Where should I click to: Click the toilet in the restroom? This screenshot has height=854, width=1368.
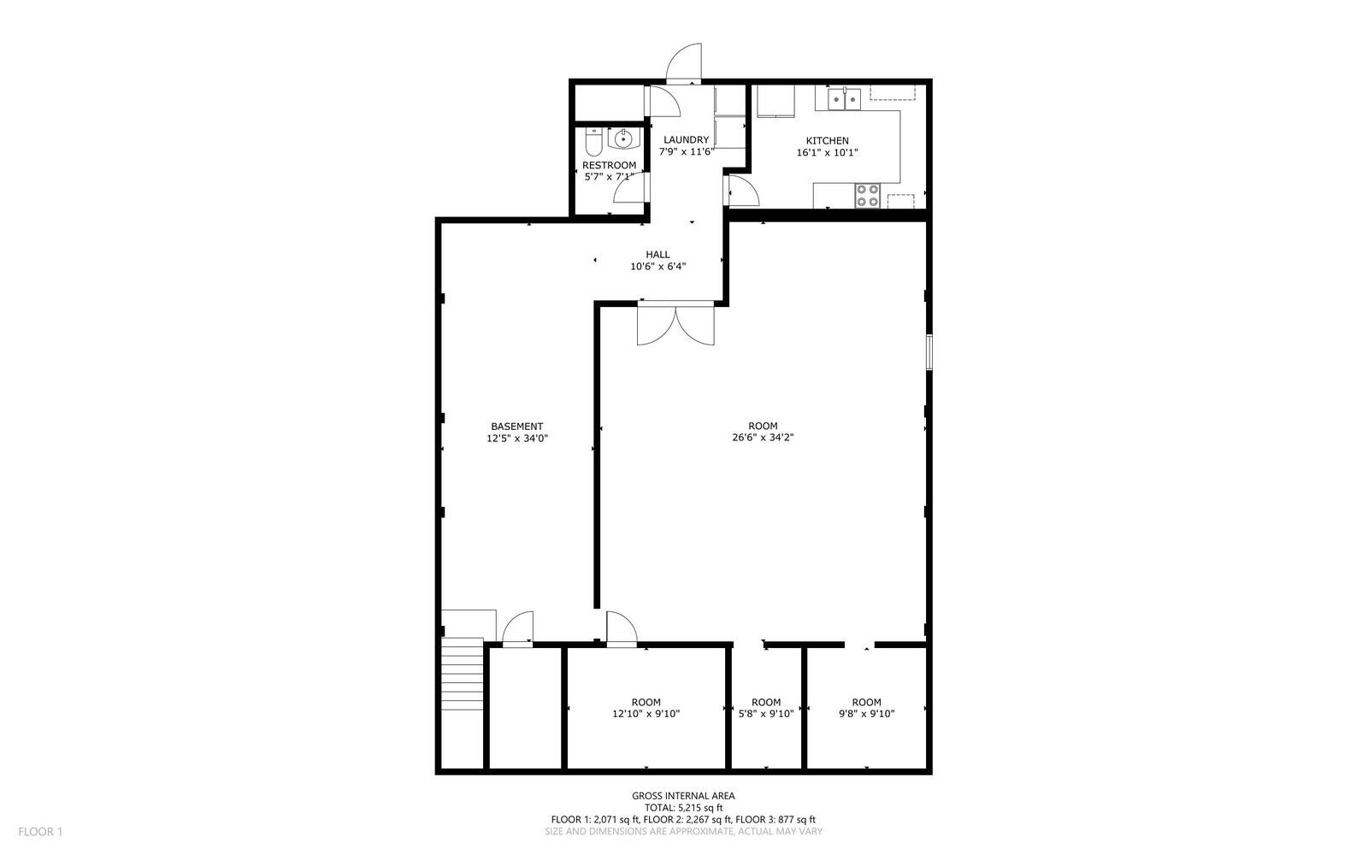[593, 140]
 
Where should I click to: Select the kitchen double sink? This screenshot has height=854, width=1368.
[844, 100]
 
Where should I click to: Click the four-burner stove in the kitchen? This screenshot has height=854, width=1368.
[868, 196]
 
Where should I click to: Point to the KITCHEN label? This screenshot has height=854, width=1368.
[827, 141]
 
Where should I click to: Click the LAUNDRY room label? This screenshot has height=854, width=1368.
[686, 140]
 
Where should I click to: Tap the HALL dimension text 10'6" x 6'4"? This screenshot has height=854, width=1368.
[657, 267]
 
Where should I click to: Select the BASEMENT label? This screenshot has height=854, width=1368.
[516, 427]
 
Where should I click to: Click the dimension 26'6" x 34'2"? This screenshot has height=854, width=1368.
[763, 438]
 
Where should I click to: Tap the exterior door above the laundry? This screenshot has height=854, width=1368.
[686, 63]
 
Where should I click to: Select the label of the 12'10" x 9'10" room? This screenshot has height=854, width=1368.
[646, 703]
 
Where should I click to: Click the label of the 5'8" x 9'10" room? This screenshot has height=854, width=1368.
[766, 703]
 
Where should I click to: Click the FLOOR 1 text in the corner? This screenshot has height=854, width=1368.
[40, 832]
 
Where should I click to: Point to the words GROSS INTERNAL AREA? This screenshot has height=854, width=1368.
[683, 796]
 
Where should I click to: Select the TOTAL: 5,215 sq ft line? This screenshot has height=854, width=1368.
[683, 808]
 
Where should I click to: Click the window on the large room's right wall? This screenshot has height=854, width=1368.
[929, 352]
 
